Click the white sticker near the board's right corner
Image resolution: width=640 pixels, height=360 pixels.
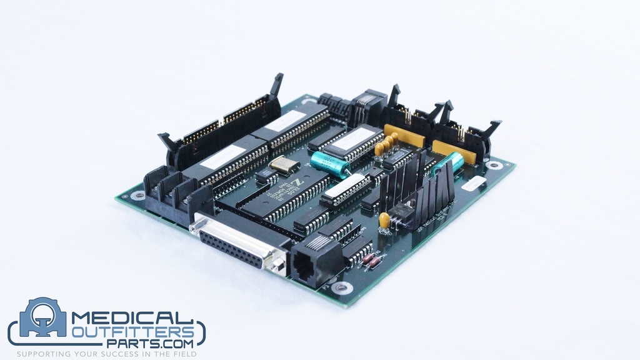coord(476,183)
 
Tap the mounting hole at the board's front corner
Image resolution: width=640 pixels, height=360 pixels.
coord(341,287)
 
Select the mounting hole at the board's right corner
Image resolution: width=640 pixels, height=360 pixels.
coord(494,166)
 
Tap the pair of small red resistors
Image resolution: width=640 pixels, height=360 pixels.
coord(372,259)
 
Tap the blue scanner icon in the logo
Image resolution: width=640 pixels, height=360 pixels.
coord(42,321)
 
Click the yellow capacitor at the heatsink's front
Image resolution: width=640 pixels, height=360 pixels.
coord(385,220)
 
